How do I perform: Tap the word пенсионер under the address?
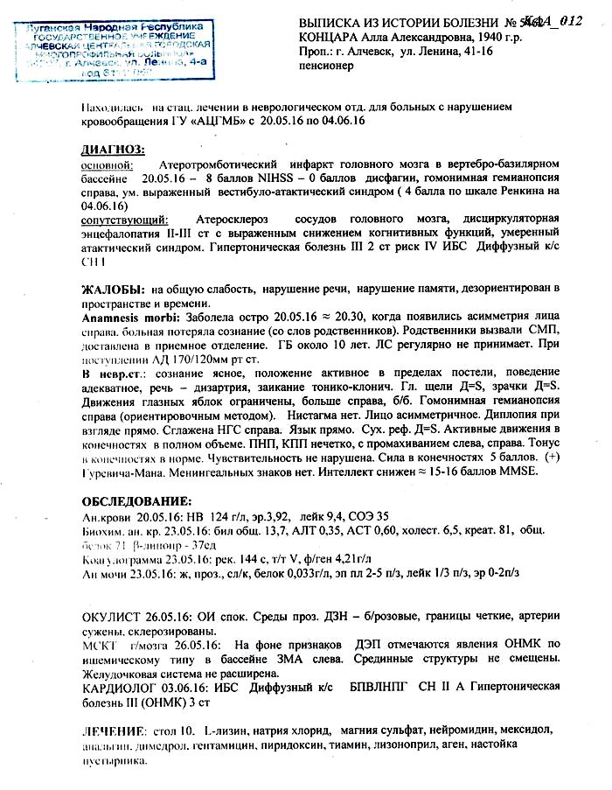(327, 65)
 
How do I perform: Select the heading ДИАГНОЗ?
(113, 150)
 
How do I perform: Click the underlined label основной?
(107, 165)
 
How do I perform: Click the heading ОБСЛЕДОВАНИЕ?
(136, 501)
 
